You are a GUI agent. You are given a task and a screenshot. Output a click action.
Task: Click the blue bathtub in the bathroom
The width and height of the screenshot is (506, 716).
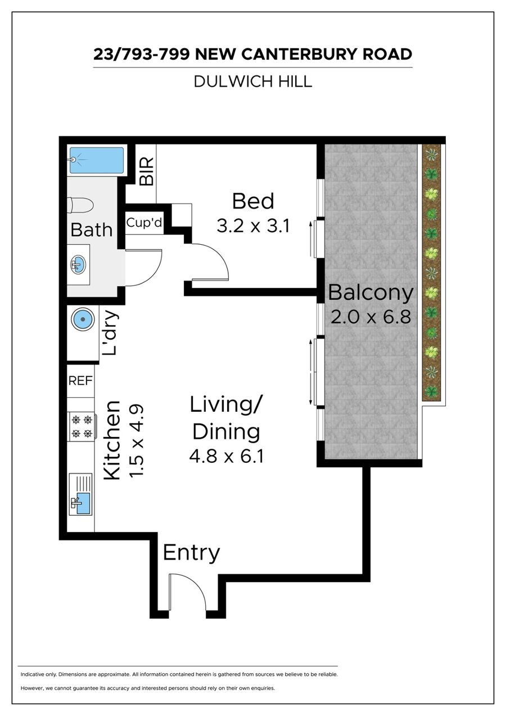point(97,160)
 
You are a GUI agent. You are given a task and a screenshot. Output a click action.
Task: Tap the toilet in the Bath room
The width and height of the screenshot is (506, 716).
point(80,205)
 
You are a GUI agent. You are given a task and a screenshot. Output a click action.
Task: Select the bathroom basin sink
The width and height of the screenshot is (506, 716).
point(78,265)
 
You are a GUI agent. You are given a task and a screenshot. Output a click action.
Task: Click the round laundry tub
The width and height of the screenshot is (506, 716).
point(83,319)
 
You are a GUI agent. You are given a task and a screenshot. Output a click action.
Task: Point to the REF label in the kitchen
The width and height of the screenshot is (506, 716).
point(80,381)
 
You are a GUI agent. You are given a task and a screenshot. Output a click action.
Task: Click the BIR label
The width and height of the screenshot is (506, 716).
point(147,172)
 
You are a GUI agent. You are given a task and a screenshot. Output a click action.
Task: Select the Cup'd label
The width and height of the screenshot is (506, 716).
point(144,223)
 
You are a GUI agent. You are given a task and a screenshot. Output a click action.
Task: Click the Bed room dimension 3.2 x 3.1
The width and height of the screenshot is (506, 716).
point(253,226)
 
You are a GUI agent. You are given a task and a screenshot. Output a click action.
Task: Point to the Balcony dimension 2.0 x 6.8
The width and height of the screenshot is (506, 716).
point(371,317)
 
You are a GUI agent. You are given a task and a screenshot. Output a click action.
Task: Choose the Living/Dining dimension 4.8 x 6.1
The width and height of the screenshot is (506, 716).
point(227,456)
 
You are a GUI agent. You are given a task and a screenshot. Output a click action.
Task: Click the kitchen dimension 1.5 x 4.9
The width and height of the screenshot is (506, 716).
point(137,442)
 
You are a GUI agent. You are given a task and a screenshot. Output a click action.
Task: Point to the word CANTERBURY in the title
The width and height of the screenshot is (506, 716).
point(299,54)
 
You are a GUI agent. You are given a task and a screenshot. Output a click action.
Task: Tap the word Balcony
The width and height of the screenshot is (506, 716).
point(371,293)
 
